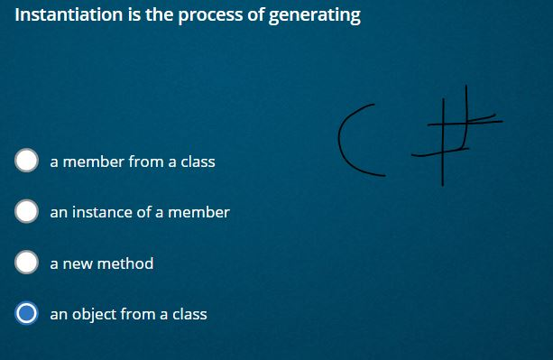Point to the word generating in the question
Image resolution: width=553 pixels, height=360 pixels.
tap(315, 16)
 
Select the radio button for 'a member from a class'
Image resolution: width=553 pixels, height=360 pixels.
tap(27, 162)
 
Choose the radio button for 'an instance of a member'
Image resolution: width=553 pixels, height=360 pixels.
tap(27, 212)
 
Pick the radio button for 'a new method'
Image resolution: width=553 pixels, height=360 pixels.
tap(27, 263)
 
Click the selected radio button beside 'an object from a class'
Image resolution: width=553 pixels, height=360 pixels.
tap(27, 314)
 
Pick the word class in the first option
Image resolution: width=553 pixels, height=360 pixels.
tap(198, 162)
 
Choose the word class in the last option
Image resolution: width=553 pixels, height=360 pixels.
tap(189, 314)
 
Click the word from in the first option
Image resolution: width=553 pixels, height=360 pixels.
tap(146, 162)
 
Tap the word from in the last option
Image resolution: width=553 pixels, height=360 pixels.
tap(138, 314)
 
